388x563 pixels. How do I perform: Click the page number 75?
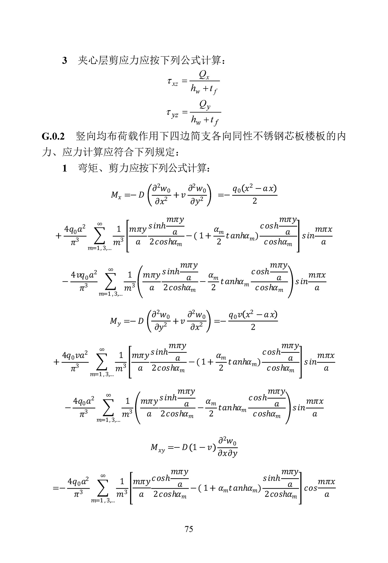(x=189, y=529)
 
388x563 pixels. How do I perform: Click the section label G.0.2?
(x=53, y=136)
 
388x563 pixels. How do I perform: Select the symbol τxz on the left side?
(x=173, y=82)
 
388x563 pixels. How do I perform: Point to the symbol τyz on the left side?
(x=173, y=113)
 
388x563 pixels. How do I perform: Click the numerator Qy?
(x=205, y=105)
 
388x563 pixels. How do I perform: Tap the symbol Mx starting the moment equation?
(x=116, y=195)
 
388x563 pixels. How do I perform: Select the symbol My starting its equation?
(x=115, y=321)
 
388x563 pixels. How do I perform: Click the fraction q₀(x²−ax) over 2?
(x=255, y=195)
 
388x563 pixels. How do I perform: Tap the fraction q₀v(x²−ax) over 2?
(x=253, y=321)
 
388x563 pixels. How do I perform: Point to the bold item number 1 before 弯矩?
(x=64, y=169)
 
